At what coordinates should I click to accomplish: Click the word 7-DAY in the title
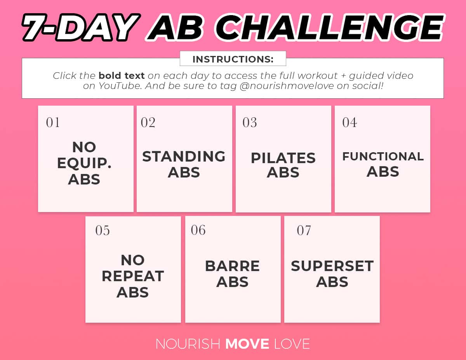tap(82, 27)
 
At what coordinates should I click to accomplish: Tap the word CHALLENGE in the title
tap(330, 27)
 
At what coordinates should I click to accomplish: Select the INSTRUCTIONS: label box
tap(233, 59)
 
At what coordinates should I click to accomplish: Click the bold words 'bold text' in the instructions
tap(122, 75)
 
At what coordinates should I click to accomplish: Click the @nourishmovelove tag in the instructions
tap(287, 86)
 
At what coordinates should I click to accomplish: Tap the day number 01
tap(53, 122)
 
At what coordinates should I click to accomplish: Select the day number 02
tap(148, 122)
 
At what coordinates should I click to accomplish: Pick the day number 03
tap(250, 122)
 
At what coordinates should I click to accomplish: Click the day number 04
tap(349, 122)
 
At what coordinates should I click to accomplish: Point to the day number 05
tap(103, 231)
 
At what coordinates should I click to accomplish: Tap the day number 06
tap(198, 230)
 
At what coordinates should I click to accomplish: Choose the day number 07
tap(304, 231)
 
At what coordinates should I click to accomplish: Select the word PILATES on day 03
tap(283, 158)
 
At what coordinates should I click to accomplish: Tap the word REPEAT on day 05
tap(133, 276)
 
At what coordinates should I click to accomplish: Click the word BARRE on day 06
tap(233, 266)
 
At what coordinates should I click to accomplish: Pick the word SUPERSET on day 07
tap(332, 266)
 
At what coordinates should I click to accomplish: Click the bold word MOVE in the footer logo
tap(247, 344)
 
